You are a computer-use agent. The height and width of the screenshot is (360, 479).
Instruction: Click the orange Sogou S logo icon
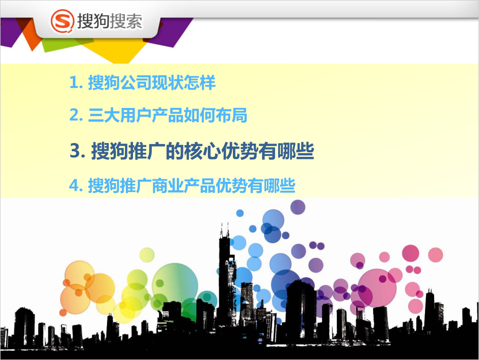tap(62, 21)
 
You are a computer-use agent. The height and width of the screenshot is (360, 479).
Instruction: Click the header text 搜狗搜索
tap(110, 21)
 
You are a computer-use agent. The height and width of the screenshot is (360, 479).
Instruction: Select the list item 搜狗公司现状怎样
tap(152, 82)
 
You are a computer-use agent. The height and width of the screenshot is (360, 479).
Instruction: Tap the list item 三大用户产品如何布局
tap(168, 116)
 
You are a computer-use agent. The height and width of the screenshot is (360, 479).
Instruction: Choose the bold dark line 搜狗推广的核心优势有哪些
tap(202, 151)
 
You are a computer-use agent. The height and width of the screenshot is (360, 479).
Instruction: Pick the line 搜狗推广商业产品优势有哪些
tap(192, 185)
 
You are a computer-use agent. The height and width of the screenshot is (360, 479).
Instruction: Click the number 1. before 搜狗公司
tap(76, 83)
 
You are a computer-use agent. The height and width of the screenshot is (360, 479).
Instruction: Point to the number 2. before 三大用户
tap(76, 116)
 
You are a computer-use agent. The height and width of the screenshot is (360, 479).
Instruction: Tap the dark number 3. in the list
tap(77, 151)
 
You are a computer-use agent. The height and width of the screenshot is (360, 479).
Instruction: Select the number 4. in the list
tap(76, 185)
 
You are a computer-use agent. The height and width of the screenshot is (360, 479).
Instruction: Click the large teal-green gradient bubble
tap(175, 286)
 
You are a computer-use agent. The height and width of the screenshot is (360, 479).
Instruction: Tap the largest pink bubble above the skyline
tap(377, 288)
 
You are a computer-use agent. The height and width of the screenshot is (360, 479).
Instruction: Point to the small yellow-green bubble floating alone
tap(147, 255)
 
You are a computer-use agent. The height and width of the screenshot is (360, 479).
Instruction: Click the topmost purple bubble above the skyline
tap(298, 207)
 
